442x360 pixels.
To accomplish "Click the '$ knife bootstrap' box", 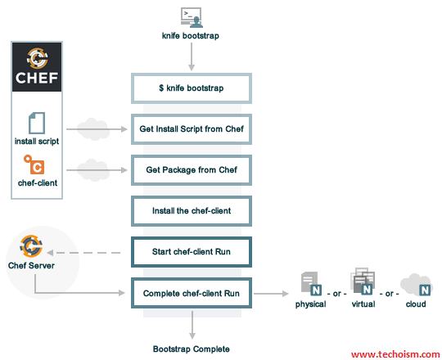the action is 192,88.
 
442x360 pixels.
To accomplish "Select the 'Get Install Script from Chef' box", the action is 192,129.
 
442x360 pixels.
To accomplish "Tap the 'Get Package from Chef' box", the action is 192,170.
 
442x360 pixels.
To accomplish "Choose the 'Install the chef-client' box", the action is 192,211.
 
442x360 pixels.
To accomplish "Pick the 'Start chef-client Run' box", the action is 192,252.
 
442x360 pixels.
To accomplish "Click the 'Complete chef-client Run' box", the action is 192,293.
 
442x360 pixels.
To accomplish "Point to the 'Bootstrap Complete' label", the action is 191,349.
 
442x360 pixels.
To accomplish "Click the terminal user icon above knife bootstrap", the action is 192,17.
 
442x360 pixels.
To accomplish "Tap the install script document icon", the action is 37,123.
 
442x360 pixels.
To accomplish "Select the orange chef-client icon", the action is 34,164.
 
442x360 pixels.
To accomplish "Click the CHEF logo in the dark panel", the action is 37,66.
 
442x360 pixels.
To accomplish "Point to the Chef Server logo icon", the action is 31,245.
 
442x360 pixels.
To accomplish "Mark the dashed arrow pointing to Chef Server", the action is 83,253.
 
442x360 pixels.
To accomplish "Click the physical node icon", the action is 311,284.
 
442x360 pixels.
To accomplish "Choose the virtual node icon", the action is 363,281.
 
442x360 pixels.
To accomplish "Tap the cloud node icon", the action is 416,285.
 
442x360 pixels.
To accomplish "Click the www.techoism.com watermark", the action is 395,354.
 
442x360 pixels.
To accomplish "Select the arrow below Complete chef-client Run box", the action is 192,325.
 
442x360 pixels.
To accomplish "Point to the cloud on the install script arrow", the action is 93,129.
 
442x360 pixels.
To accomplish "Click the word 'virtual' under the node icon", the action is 363,304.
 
